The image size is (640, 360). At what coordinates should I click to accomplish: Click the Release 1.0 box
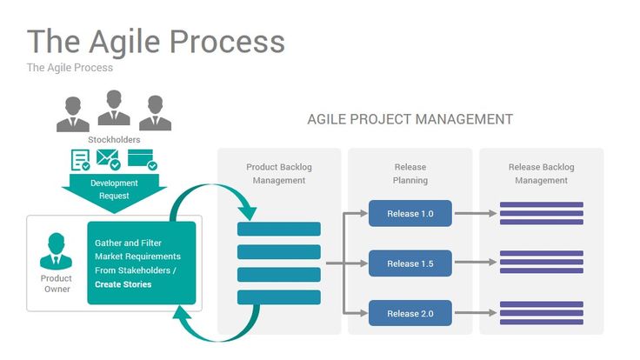point(410,213)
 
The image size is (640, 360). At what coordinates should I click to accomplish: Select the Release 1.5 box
point(410,263)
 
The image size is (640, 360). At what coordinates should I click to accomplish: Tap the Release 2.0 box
point(410,313)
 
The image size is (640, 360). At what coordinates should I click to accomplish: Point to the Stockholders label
point(114,139)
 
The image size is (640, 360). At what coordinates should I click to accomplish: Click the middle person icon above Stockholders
point(114,109)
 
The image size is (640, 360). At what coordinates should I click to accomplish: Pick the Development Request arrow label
point(114,190)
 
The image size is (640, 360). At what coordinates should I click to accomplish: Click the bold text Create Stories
point(123,284)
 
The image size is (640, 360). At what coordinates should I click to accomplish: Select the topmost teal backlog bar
point(279,229)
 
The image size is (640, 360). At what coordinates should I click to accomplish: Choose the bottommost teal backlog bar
point(279,297)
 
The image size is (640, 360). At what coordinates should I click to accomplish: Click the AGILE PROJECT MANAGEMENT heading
point(410,119)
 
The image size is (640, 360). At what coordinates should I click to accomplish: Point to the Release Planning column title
point(410,174)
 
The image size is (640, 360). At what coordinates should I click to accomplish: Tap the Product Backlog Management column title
point(279,174)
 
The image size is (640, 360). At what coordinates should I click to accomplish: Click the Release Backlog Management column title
point(541,174)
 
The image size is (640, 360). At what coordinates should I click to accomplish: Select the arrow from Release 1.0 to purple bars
point(475,213)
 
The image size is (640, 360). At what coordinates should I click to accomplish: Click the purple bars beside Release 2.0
point(541,313)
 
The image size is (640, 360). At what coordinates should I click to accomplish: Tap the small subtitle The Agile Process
point(70,67)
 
